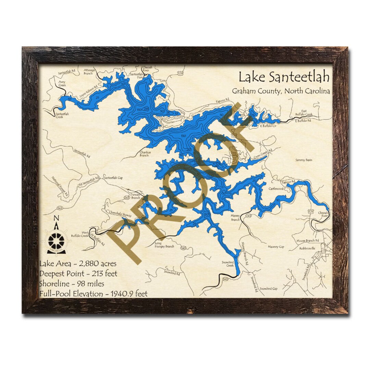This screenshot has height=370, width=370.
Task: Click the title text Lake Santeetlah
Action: click(284, 77)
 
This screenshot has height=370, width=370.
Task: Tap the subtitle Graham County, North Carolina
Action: click(281, 91)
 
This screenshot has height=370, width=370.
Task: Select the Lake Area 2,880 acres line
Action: click(78, 264)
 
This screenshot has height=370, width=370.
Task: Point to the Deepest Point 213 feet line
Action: click(78, 274)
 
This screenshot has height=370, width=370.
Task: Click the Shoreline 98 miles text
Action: click(72, 284)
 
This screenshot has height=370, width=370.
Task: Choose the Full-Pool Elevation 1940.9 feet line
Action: click(94, 294)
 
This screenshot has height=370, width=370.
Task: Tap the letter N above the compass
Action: click(57, 218)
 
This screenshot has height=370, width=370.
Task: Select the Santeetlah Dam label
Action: click(136, 75)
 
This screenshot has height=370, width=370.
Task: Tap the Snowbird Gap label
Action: click(268, 289)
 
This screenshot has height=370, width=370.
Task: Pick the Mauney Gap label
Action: click(276, 246)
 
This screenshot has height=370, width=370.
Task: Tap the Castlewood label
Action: click(276, 188)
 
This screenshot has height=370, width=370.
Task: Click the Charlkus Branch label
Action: click(144, 154)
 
